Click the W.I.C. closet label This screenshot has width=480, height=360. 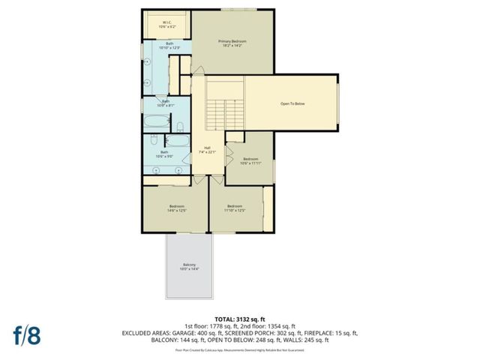[x=167, y=24]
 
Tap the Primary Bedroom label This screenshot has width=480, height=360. [x=232, y=43]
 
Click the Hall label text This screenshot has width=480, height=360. [x=207, y=149]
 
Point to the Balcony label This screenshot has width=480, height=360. [x=189, y=266]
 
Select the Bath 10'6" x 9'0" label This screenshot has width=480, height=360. [x=164, y=154]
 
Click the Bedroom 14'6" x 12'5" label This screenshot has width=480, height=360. [x=177, y=208]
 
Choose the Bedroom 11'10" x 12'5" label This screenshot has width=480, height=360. [x=235, y=208]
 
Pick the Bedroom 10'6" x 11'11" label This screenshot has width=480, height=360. [x=251, y=160]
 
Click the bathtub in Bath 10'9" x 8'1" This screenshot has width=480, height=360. [x=160, y=122]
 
